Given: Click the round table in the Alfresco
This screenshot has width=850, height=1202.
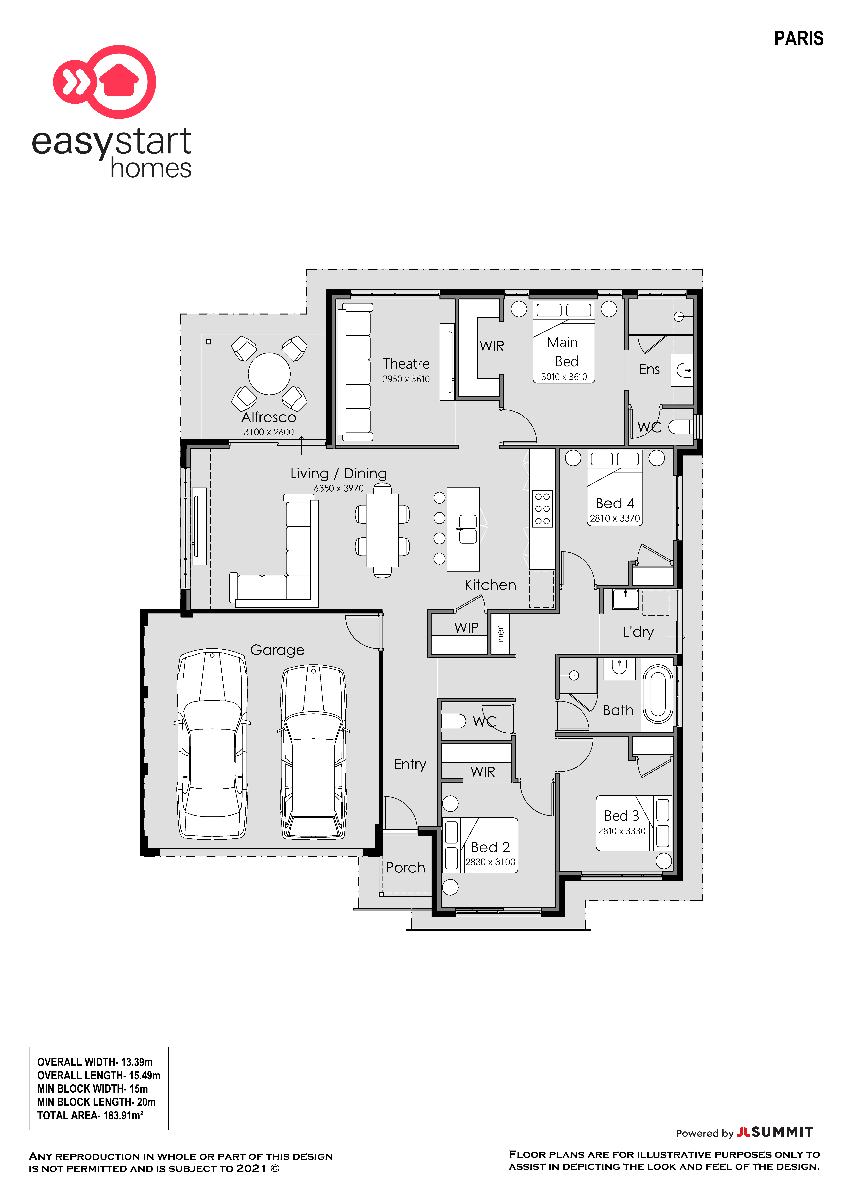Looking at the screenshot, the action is click(269, 374).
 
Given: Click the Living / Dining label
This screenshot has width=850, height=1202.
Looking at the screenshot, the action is click(339, 473).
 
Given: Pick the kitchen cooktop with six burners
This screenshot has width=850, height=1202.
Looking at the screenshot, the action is click(542, 508).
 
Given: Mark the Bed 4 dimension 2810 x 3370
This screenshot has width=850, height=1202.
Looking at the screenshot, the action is click(615, 518).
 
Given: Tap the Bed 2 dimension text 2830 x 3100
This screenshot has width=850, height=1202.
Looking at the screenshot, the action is click(490, 862).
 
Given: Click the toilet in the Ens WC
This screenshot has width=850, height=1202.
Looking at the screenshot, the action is click(681, 427).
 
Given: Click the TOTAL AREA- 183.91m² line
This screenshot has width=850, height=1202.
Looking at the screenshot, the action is click(90, 1115).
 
